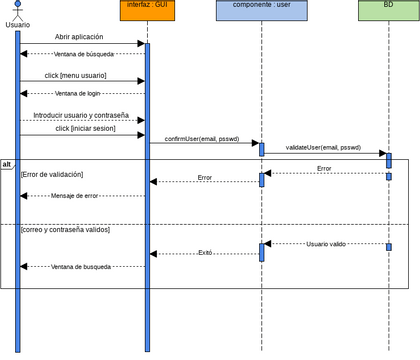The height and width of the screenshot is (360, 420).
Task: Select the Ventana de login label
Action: (x=81, y=93)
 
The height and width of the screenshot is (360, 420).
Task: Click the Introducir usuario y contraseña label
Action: (x=81, y=115)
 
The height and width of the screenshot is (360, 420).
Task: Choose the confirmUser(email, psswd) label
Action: (x=204, y=139)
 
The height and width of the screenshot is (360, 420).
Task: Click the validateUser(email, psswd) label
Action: (x=323, y=148)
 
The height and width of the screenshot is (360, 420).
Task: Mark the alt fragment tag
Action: (x=7, y=164)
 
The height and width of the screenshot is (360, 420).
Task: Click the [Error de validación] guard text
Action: (x=52, y=175)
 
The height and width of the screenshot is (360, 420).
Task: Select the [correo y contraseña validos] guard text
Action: (x=65, y=230)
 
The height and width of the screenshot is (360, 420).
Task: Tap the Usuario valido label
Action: (x=325, y=243)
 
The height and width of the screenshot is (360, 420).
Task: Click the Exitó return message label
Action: (x=205, y=253)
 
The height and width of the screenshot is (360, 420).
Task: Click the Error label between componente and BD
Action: (x=324, y=169)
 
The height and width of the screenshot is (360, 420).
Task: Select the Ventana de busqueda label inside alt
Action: (x=81, y=267)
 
